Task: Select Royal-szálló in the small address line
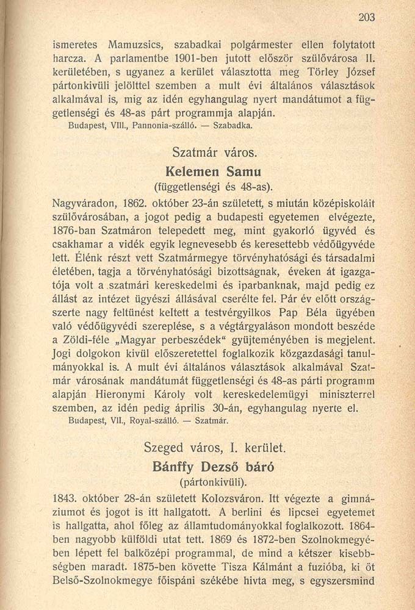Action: pyautogui.click(x=150, y=421)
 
